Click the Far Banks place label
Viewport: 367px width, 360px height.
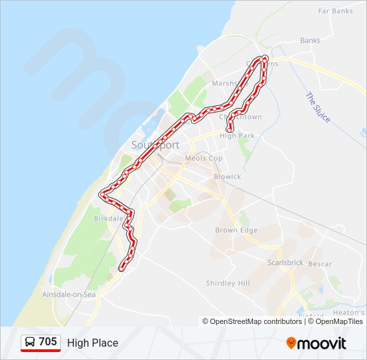[x=335, y=11]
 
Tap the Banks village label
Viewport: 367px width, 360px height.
[x=310, y=41]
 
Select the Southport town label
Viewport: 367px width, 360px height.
[x=155, y=145]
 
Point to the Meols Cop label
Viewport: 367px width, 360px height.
[x=204, y=159]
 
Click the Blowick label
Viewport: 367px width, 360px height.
[x=227, y=177]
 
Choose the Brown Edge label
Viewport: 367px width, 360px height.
[x=236, y=230]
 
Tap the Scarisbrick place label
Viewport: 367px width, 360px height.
[x=286, y=263]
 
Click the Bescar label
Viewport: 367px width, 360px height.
[x=320, y=264]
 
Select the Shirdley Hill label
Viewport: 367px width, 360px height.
[x=228, y=283]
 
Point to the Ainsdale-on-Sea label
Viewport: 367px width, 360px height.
[x=69, y=294]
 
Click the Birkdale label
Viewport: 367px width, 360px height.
[x=108, y=218]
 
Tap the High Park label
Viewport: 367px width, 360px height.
[x=237, y=136]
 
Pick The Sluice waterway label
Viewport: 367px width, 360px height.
[x=318, y=107]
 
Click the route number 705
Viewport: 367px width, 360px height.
[x=48, y=342]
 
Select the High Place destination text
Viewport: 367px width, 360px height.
[x=93, y=343]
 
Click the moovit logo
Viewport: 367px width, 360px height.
[x=316, y=343]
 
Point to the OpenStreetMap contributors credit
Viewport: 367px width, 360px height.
[x=252, y=321]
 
